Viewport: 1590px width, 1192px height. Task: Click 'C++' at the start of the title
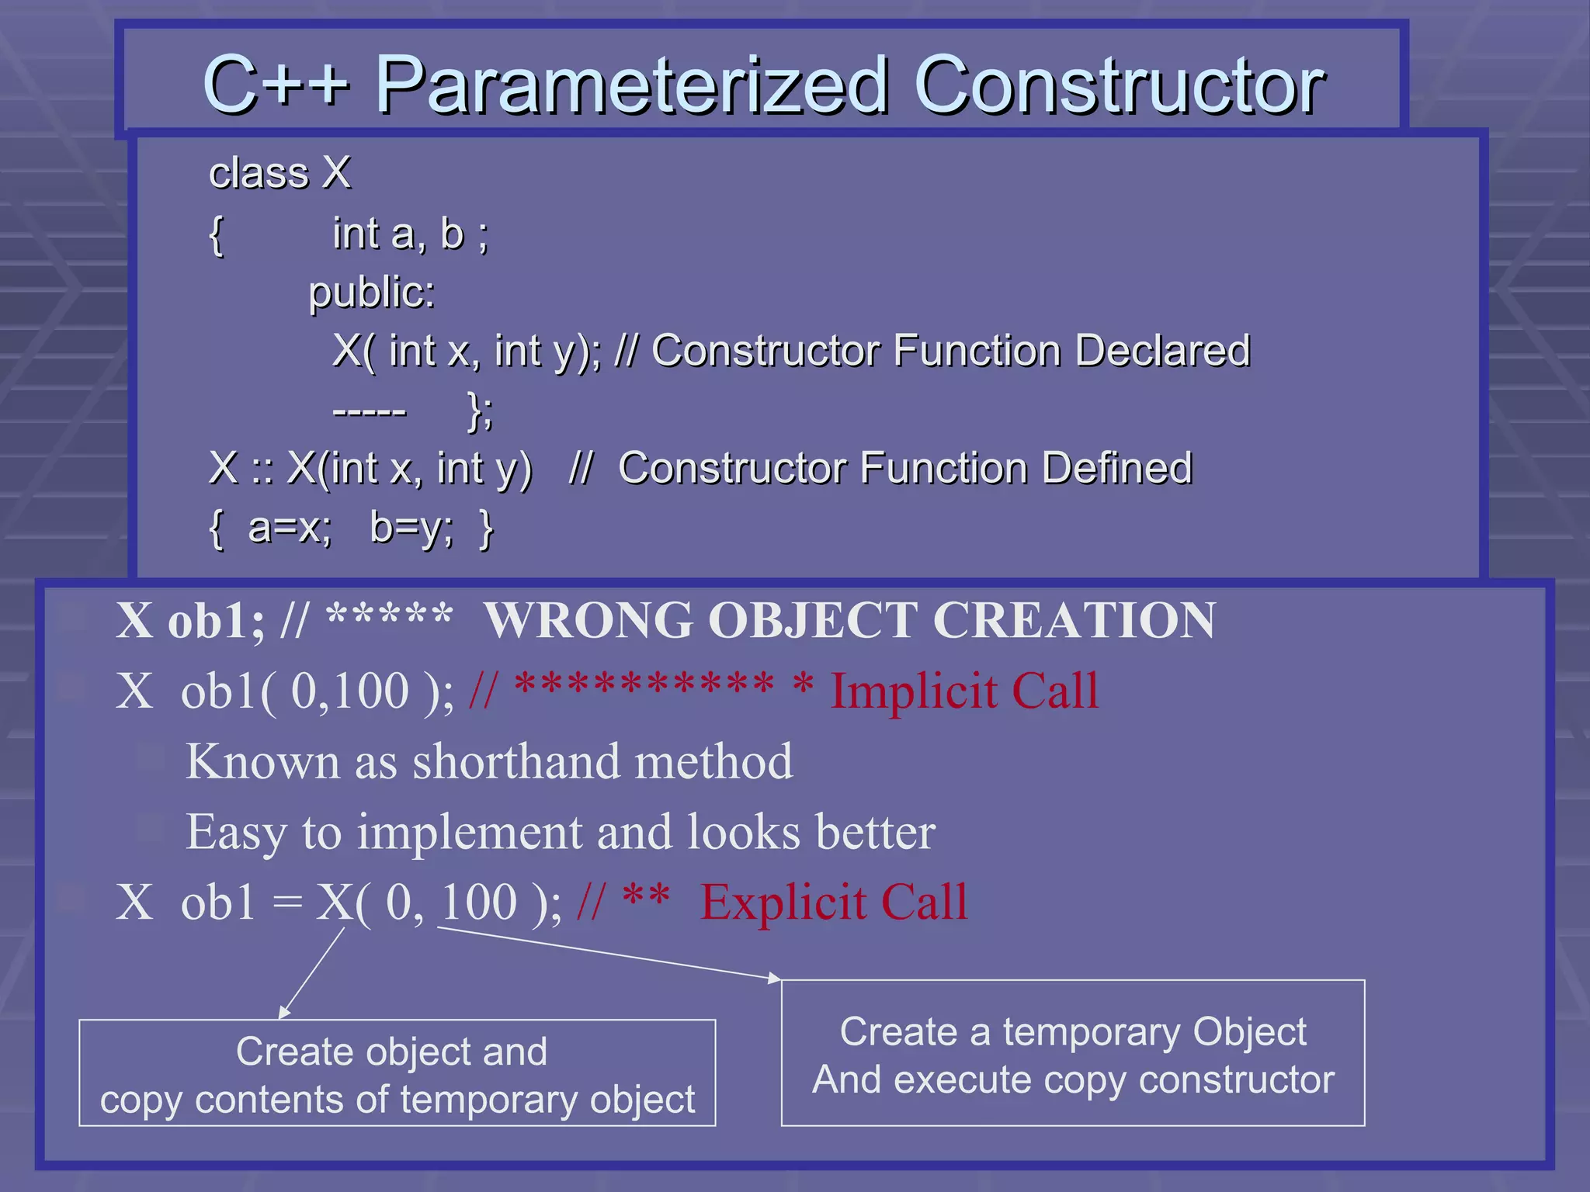(276, 85)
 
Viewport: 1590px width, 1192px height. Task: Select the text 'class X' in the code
(279, 172)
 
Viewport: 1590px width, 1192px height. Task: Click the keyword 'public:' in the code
(372, 293)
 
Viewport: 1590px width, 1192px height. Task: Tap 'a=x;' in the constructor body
(290, 528)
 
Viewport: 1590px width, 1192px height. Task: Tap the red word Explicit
(783, 903)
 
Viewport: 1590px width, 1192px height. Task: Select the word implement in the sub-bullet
(469, 833)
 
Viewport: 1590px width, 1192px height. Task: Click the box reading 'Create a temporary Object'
(1072, 1053)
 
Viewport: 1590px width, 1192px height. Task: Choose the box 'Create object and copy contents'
(397, 1073)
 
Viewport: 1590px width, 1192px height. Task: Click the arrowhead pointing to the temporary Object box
(775, 979)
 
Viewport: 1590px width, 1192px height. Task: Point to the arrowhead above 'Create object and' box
(283, 1012)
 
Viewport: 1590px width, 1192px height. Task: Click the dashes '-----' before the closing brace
(369, 411)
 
